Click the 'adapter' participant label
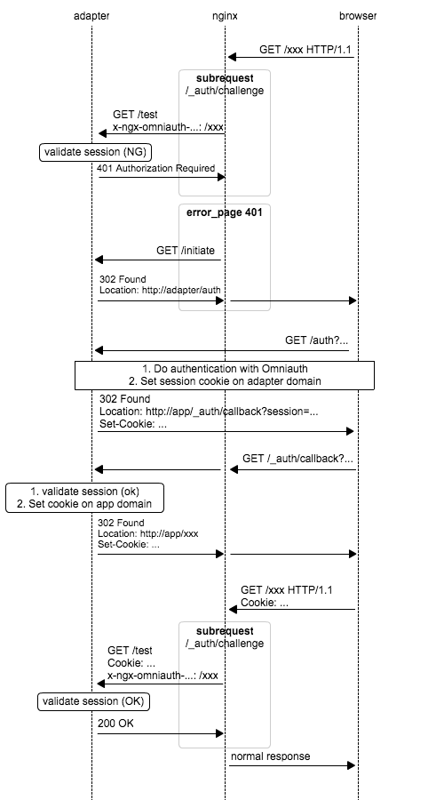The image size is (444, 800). (91, 16)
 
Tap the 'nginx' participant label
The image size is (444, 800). (225, 16)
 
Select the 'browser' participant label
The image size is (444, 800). (358, 16)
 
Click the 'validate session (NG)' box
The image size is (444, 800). (96, 152)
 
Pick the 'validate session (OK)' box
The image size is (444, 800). (94, 701)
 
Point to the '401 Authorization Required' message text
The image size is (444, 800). (156, 168)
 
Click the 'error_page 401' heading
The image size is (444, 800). (225, 212)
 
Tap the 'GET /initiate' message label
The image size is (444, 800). (186, 251)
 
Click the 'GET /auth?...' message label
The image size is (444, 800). (316, 340)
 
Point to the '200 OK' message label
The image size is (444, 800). (115, 723)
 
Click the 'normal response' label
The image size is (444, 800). (270, 756)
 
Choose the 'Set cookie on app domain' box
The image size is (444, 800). (84, 498)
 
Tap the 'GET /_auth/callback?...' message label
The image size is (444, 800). (297, 458)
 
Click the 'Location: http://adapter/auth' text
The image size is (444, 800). (160, 291)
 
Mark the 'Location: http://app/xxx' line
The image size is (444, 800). (147, 533)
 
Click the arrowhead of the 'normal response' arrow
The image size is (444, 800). (352, 765)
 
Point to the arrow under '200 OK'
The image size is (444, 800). (161, 733)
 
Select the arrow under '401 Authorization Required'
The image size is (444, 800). (162, 177)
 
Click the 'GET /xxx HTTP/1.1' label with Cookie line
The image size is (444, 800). (287, 596)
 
